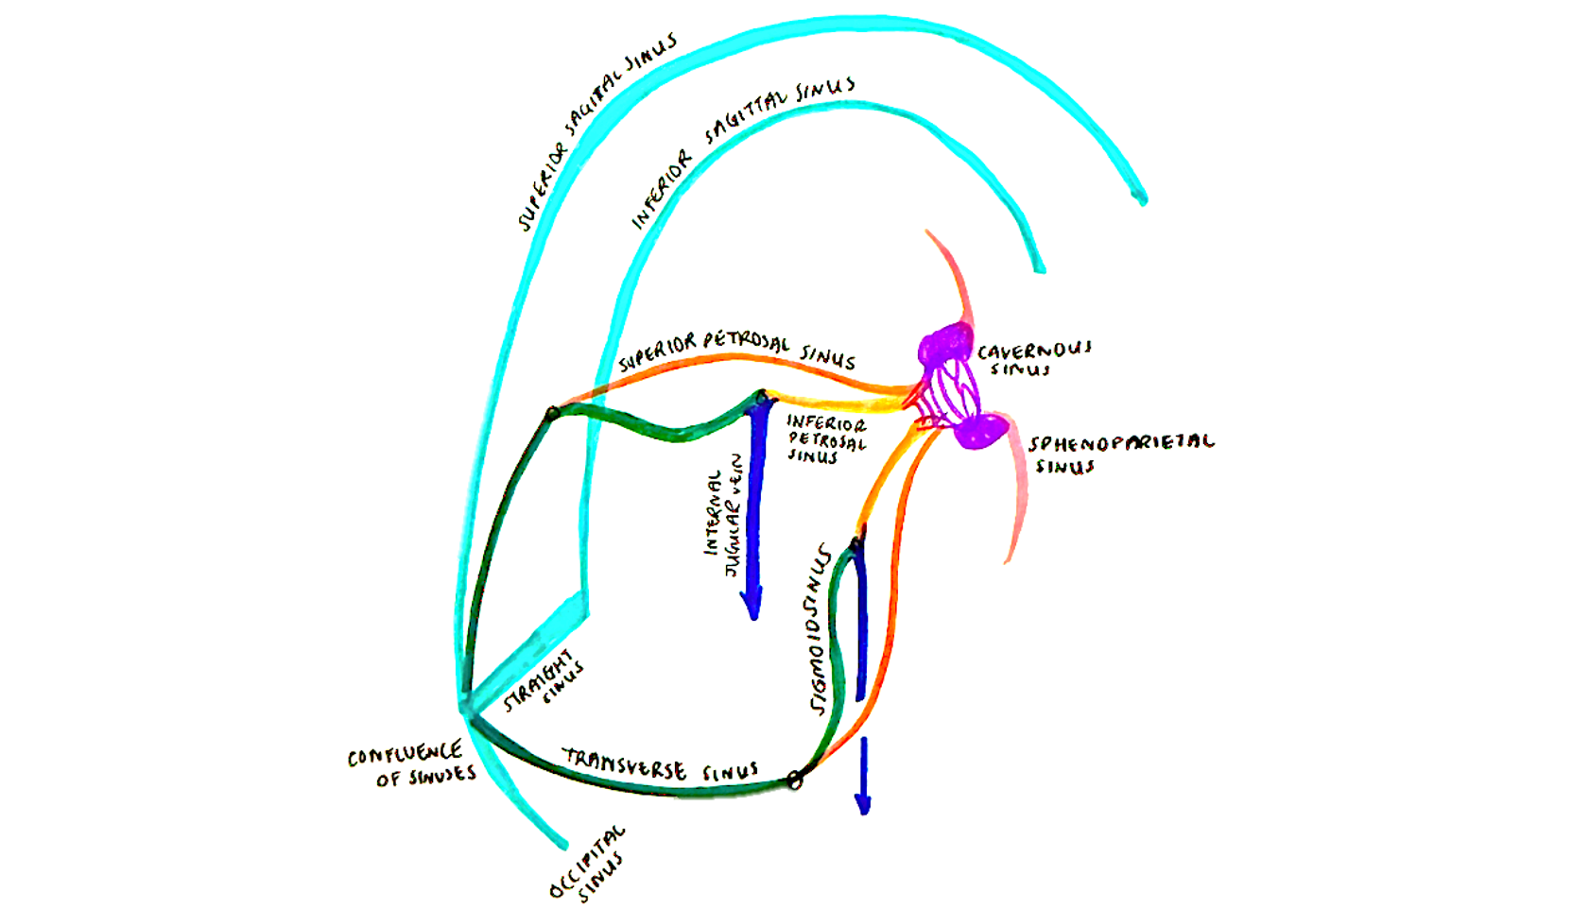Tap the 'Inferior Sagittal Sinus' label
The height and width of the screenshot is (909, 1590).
pos(742,151)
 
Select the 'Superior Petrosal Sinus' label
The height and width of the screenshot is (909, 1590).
pos(736,349)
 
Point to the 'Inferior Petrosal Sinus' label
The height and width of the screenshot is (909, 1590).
pos(825,439)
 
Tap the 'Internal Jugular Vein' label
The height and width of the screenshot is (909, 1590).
pos(722,515)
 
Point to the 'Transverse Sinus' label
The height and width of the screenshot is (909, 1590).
pos(661,764)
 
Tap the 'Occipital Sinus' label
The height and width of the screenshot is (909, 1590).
pos(589,864)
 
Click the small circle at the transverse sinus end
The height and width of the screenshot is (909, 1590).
pos(795,780)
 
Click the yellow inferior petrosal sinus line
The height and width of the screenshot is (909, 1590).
pos(832,401)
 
